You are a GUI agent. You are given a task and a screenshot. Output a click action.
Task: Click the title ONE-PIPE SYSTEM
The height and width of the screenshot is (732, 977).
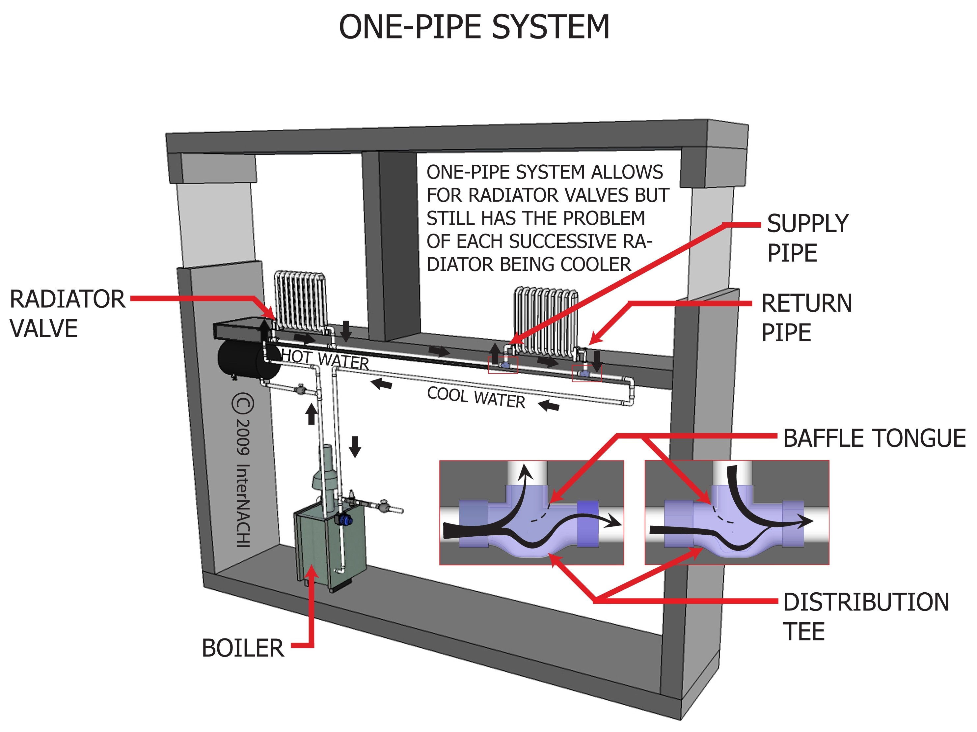pos(474,27)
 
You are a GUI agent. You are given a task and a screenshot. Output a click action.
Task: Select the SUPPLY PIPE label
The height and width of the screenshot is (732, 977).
pos(807,238)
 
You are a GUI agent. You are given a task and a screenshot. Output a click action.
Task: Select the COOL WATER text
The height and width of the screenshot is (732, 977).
pos(476,397)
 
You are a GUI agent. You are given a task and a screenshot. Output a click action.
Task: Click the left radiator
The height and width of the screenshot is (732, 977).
pos(300,300)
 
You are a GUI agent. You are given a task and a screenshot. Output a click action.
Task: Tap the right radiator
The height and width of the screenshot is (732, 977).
pos(546,320)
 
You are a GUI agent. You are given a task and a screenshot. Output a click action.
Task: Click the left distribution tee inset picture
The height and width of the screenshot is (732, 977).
pos(531,513)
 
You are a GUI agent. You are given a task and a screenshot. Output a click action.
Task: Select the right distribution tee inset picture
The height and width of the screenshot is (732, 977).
pos(736,513)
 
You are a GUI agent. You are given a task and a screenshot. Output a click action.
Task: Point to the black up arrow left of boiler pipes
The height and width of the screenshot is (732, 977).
pos(312,414)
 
